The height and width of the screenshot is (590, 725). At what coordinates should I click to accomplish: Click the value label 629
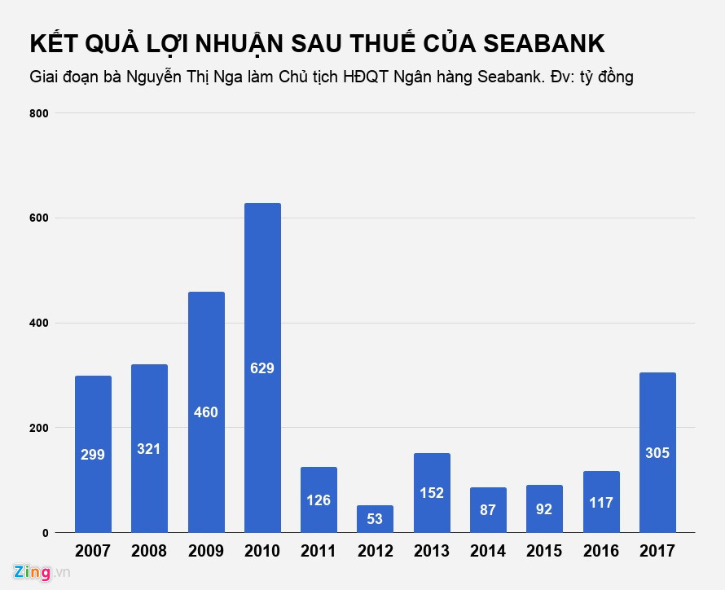[x=262, y=368]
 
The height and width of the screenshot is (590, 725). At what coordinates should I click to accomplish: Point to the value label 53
[x=375, y=519]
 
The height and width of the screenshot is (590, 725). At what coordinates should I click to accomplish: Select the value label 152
[x=432, y=493]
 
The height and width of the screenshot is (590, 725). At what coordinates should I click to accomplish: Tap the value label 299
[x=93, y=455]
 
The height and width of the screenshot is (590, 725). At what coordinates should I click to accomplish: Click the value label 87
[x=488, y=510]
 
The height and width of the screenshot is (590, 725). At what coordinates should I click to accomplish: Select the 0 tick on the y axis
[x=46, y=533]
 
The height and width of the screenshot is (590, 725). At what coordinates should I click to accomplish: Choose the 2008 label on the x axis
[x=149, y=552]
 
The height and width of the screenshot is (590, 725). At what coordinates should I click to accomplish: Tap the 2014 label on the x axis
[x=488, y=552]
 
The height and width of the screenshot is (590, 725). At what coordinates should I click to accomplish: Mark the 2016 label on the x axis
[x=601, y=552]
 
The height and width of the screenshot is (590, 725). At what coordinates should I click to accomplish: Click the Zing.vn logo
[x=41, y=572]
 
